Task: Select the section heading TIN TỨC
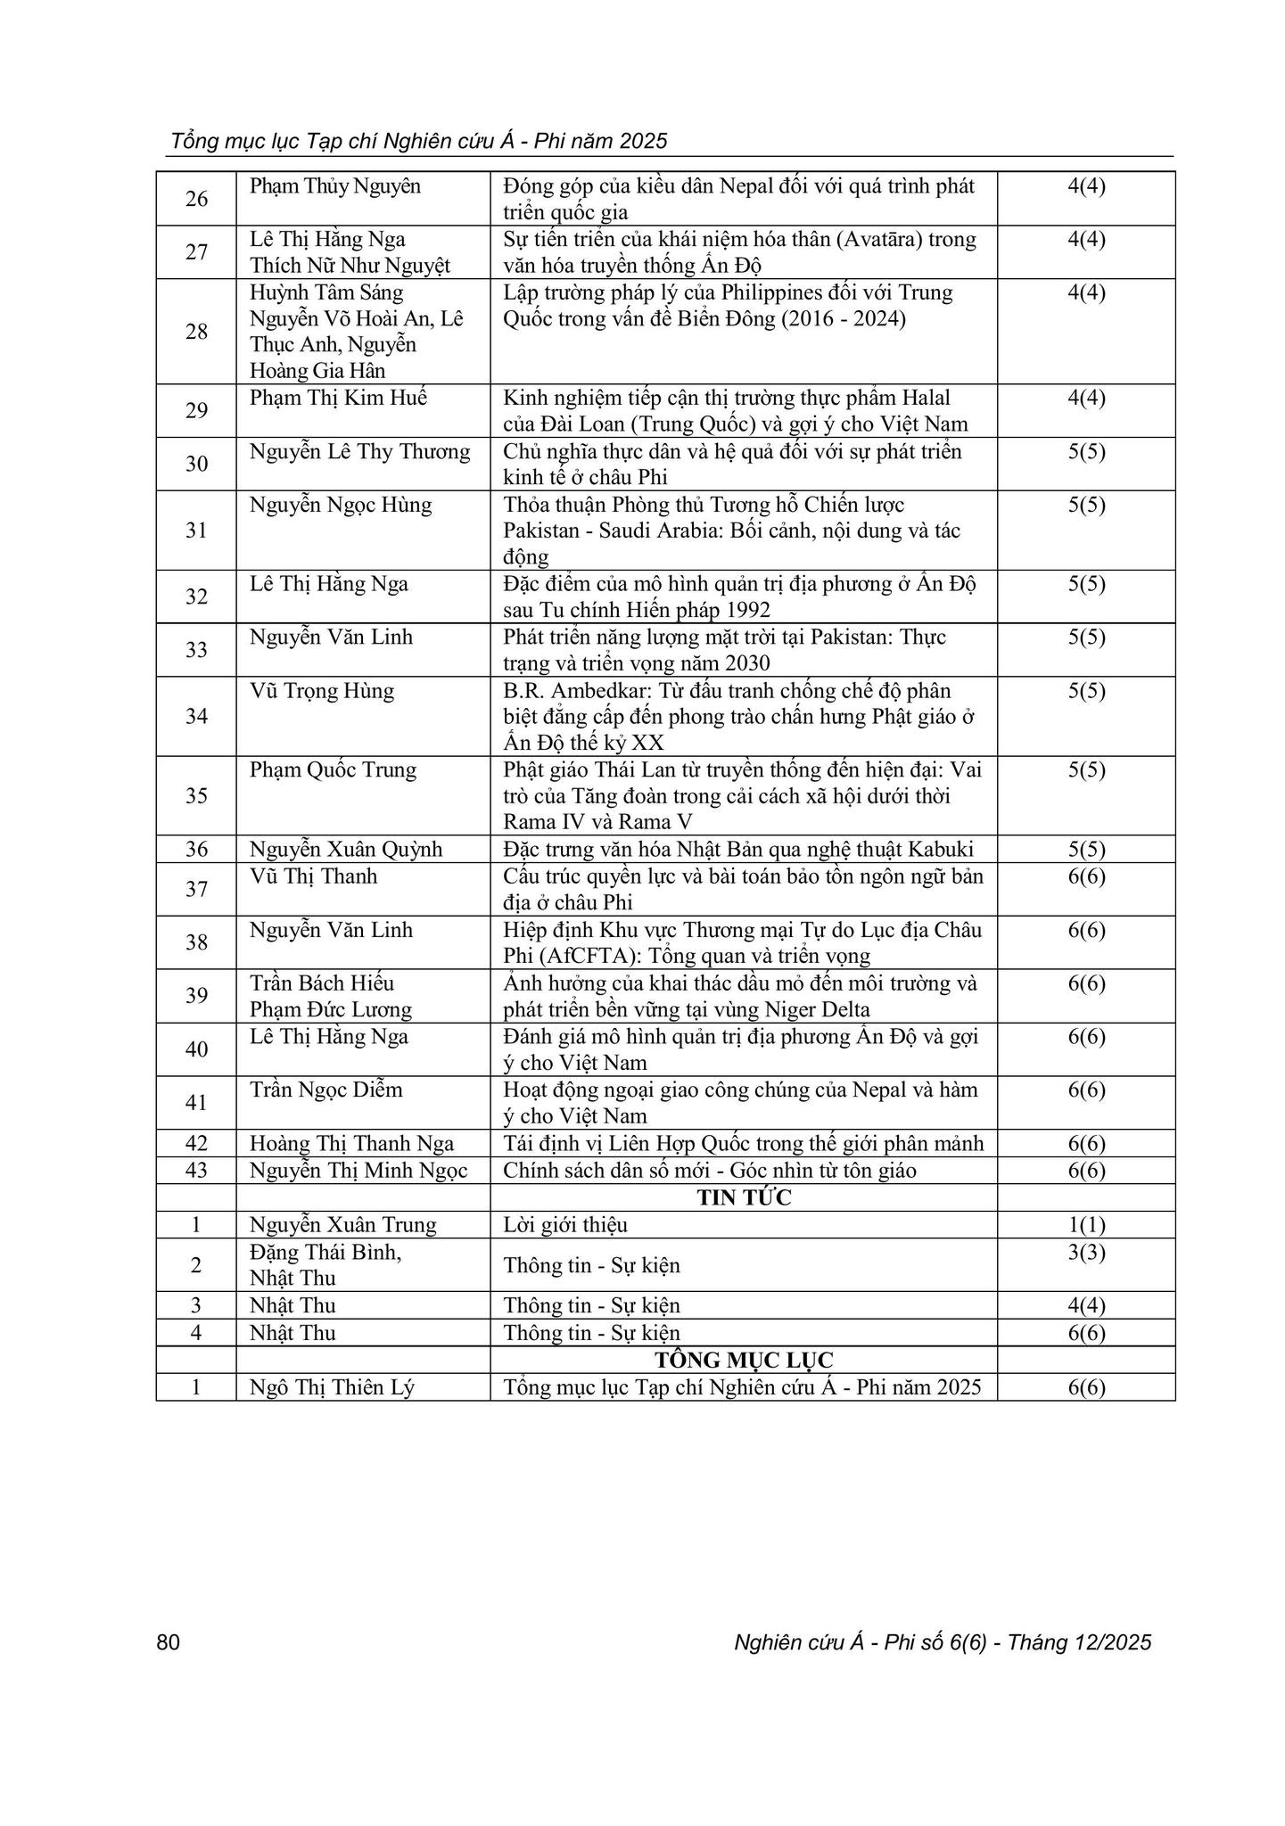744,1197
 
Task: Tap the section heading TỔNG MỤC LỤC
744,1360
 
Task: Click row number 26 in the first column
196,199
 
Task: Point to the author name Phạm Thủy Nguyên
334,186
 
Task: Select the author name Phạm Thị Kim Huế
338,398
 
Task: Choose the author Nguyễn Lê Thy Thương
359,451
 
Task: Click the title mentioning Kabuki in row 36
739,849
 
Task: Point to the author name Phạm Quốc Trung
333,770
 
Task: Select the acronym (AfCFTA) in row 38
588,956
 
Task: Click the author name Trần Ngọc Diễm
325,1090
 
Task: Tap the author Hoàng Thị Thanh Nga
351,1144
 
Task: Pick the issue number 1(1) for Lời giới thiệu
1086,1225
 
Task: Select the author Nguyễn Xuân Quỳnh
346,849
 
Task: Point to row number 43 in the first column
196,1171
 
